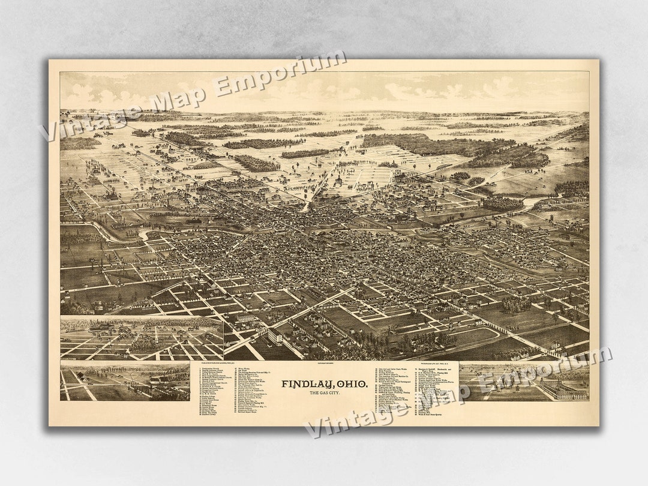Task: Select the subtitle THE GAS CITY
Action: click(325, 393)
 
